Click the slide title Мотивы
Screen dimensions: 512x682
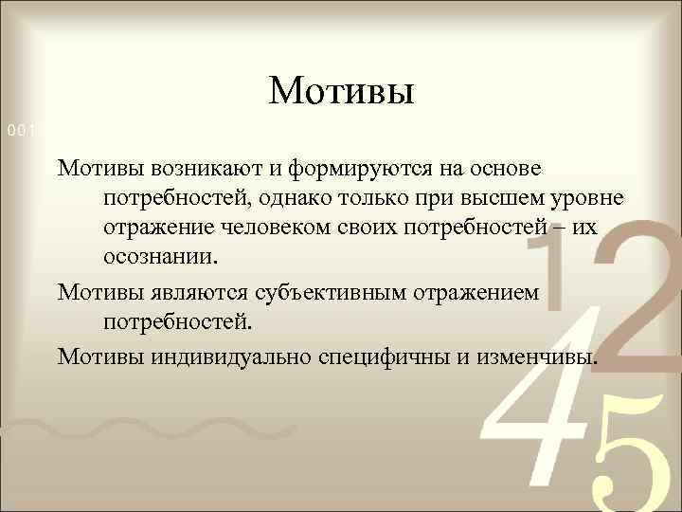tap(341, 92)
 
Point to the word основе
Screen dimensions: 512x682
tap(501, 168)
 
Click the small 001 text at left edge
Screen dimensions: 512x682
tap(17, 129)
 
